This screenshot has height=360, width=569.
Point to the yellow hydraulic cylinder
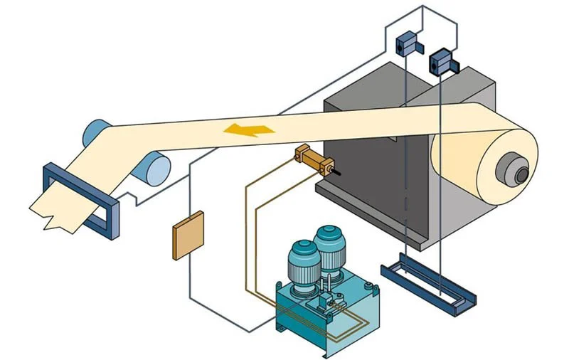[x=312, y=159]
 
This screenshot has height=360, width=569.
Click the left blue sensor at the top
[x=406, y=43]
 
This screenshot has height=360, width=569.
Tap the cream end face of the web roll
[x=484, y=171]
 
